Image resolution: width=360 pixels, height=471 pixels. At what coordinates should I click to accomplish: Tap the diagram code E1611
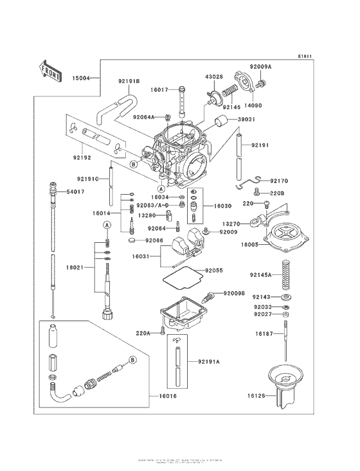305,57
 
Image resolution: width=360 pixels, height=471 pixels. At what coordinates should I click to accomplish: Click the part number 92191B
129,81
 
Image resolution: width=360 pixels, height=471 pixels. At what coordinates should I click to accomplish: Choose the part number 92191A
209,362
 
